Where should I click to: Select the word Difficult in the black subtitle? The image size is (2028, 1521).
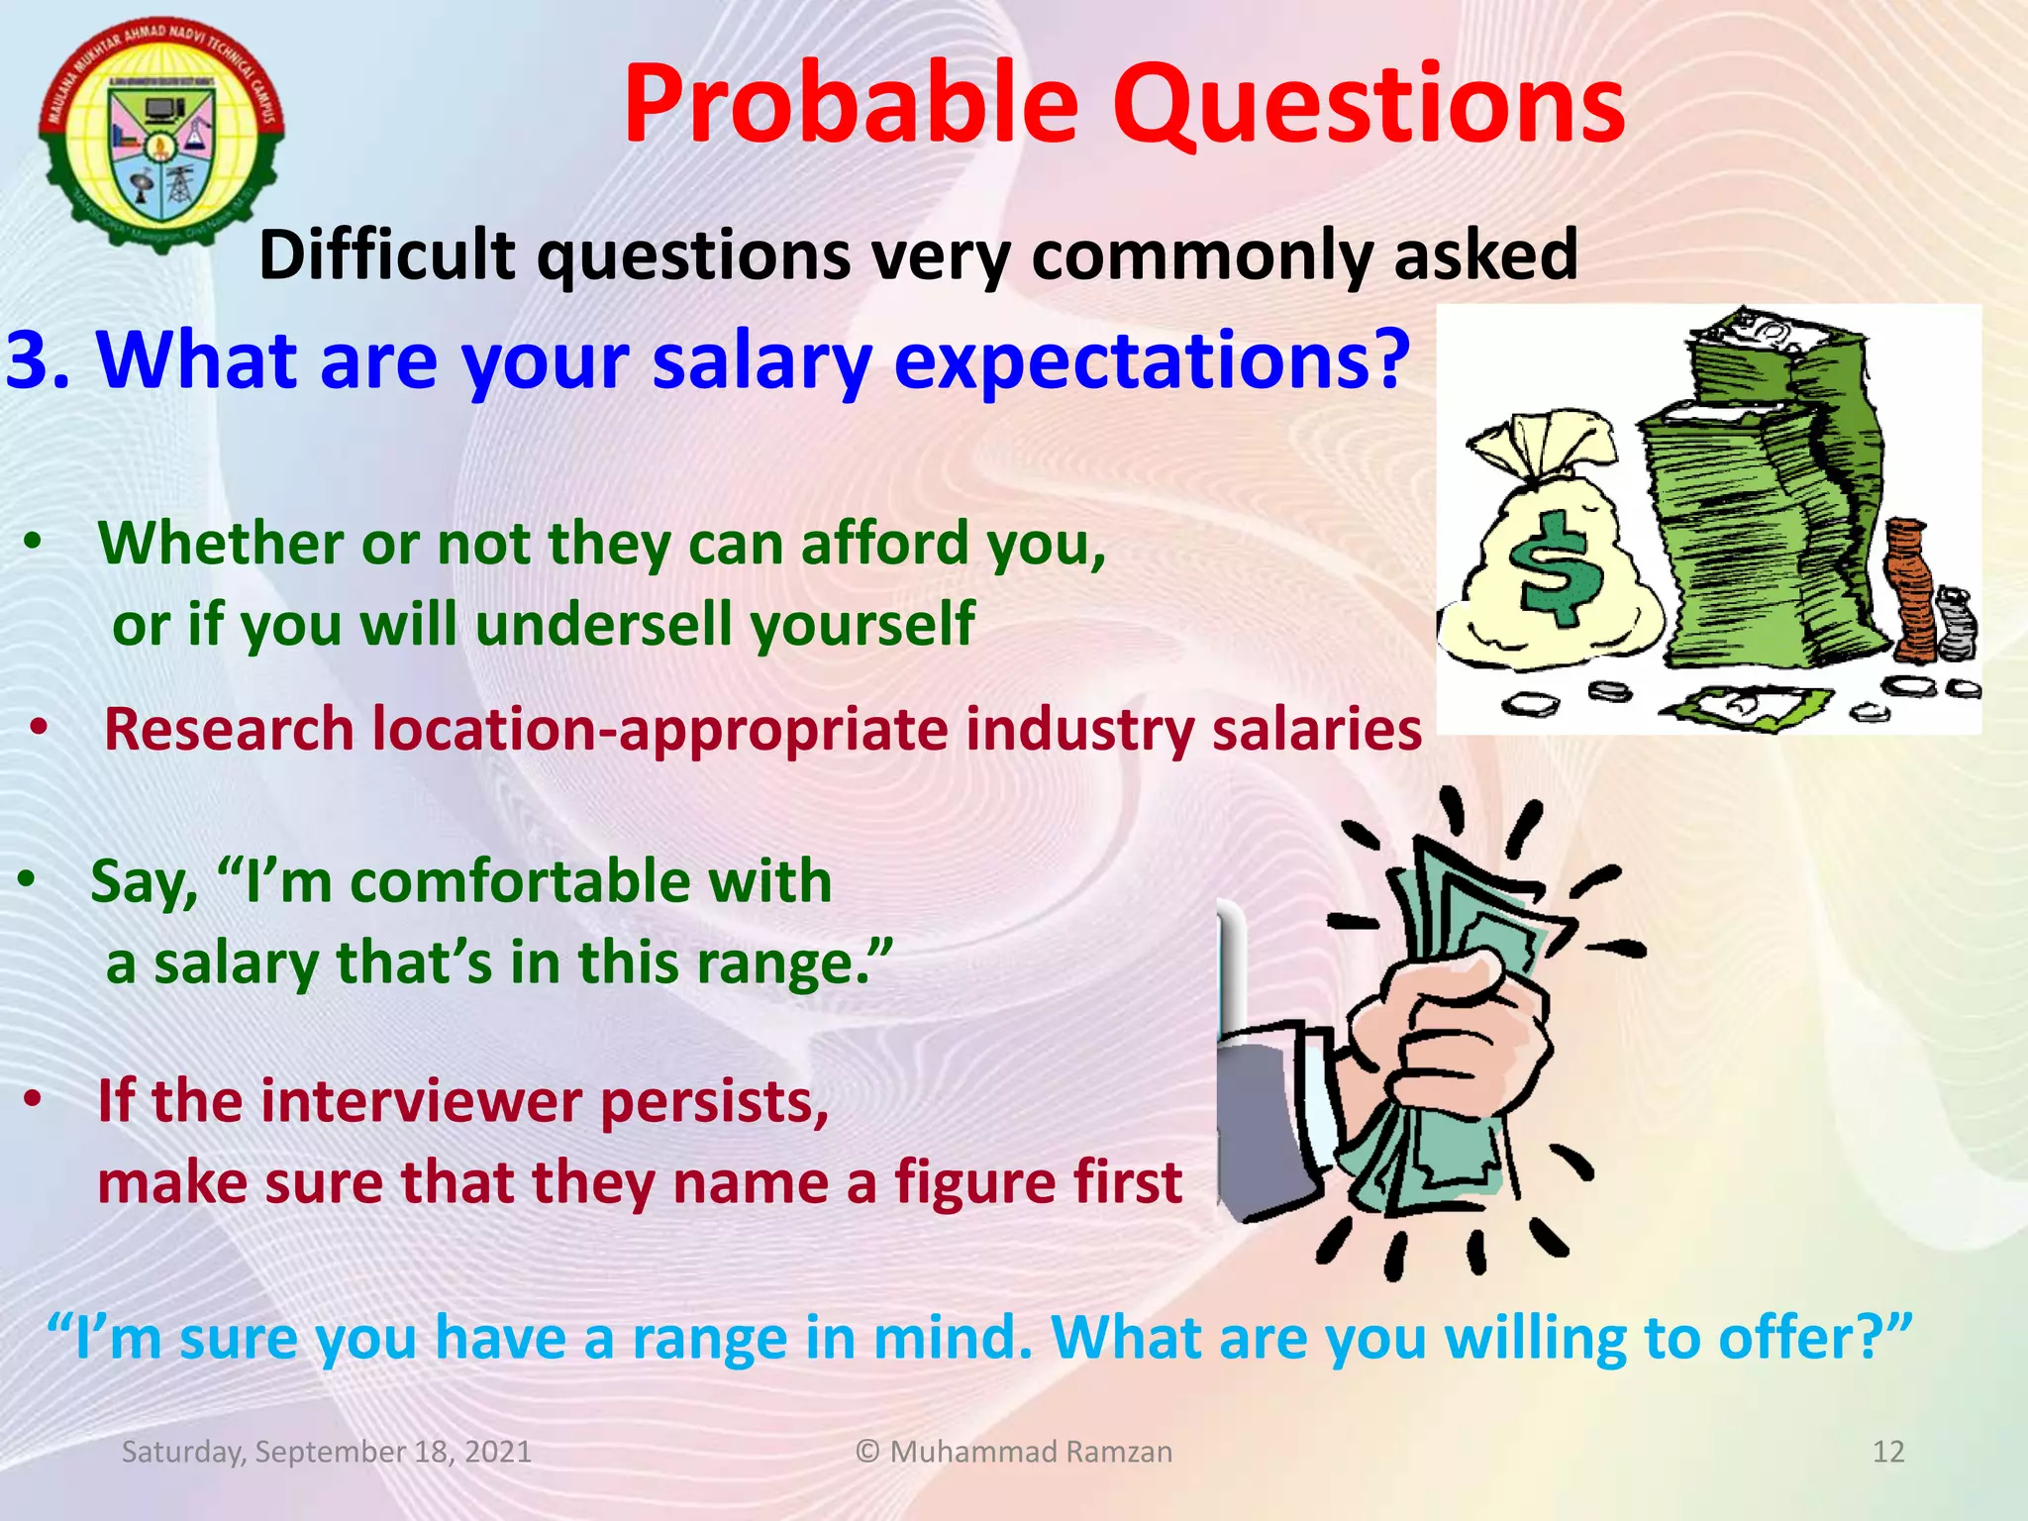click(386, 254)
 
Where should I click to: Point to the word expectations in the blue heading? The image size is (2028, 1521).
click(1151, 361)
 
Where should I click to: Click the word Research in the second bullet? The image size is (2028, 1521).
click(229, 730)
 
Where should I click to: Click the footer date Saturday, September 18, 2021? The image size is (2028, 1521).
click(326, 1452)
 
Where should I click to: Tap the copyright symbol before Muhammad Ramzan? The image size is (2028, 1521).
click(867, 1452)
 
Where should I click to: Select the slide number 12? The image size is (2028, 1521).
click(1888, 1452)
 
